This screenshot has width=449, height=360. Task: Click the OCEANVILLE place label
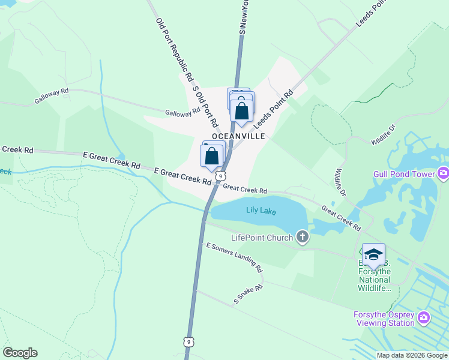tap(238, 136)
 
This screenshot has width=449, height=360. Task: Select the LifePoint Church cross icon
tap(303, 238)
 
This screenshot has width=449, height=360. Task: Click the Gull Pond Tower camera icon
tap(443, 173)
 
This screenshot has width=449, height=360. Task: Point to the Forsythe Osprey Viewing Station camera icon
tap(424, 317)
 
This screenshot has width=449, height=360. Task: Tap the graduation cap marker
tap(373, 255)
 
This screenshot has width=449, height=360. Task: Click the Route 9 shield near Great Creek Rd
tap(221, 176)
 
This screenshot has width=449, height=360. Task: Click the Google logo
tap(20, 353)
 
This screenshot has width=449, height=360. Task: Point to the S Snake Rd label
tap(249, 295)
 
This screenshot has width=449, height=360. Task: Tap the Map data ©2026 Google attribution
tap(412, 355)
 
